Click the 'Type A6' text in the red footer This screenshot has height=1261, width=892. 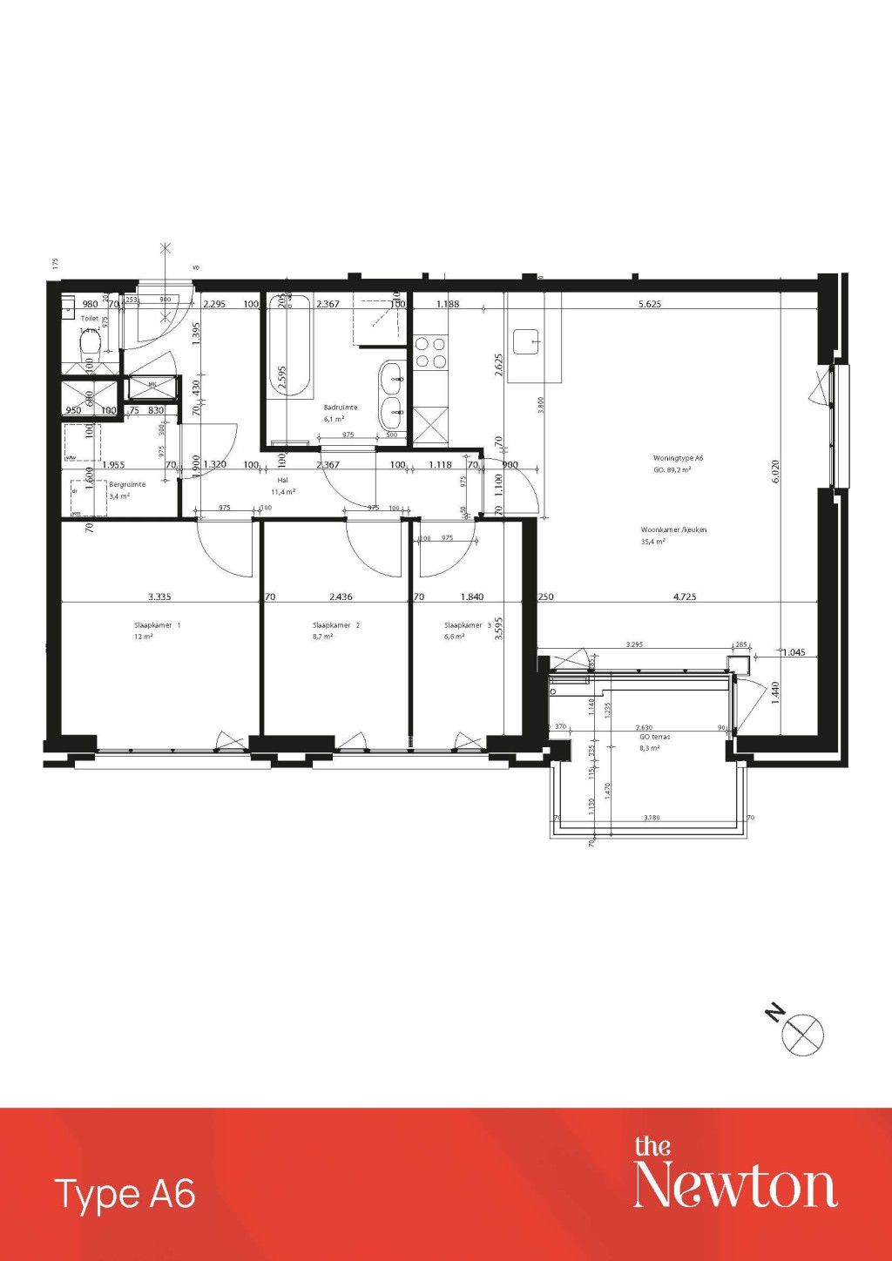[125, 1194]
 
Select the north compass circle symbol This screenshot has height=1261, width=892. [803, 1035]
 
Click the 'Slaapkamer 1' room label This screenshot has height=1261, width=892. [157, 625]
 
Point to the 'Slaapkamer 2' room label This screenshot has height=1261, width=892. [335, 625]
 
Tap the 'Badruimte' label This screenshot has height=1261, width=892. [341, 408]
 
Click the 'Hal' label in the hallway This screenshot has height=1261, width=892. [282, 480]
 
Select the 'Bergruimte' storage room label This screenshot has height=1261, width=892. [127, 484]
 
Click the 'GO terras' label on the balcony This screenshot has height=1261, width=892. [654, 737]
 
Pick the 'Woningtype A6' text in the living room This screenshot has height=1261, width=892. [678, 458]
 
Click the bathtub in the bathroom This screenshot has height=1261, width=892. [288, 348]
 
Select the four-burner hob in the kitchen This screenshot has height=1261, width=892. [430, 352]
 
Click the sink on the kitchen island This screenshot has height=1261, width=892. [527, 341]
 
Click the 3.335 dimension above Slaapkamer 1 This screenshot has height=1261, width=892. [159, 597]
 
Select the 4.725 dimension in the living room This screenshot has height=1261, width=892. [685, 597]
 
